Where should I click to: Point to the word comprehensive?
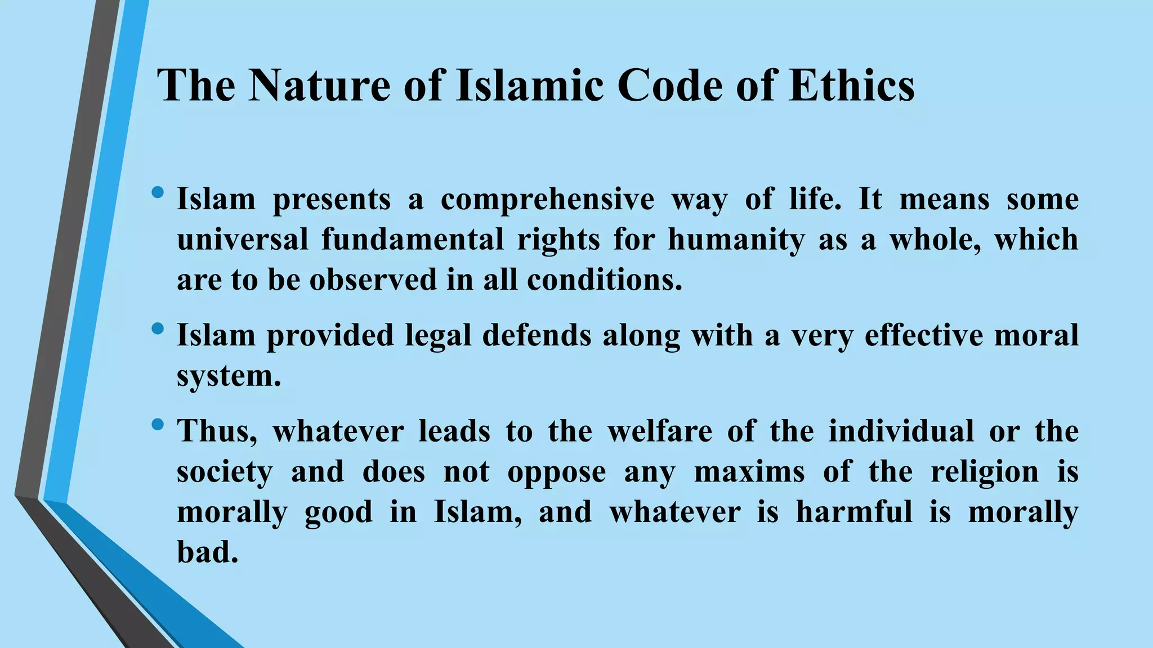(x=547, y=200)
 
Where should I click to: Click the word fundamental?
(x=413, y=240)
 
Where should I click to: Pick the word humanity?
(x=736, y=240)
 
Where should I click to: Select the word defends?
(x=537, y=335)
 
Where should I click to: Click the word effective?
(x=924, y=335)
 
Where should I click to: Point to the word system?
(x=229, y=376)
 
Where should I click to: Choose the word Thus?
(x=217, y=431)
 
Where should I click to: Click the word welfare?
(x=660, y=431)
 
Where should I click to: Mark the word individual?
(x=901, y=431)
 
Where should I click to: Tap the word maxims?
(x=749, y=471)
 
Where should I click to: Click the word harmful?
(x=853, y=512)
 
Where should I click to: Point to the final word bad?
(x=207, y=552)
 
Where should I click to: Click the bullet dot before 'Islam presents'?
(x=158, y=193)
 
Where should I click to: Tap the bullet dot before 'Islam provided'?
(x=158, y=328)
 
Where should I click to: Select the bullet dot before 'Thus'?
(x=158, y=424)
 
